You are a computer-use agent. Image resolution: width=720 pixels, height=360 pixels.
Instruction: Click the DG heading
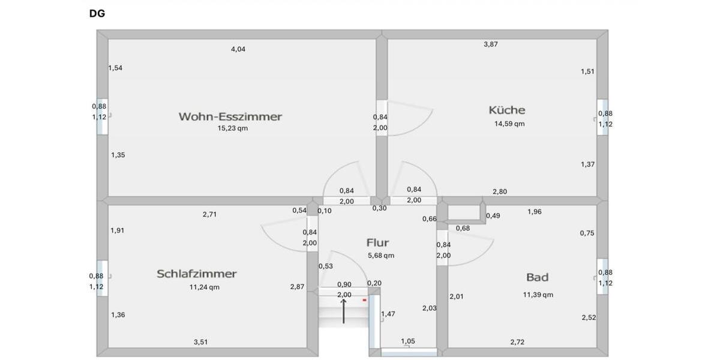(97, 13)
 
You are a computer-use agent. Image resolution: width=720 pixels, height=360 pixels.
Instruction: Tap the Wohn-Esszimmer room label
(230, 116)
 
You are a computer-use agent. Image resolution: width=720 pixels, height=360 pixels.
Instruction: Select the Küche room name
(507, 110)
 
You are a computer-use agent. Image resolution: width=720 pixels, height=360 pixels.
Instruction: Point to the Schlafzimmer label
(197, 274)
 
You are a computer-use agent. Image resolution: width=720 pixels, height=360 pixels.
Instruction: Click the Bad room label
(537, 277)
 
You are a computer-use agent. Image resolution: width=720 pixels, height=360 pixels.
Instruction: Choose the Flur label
(377, 242)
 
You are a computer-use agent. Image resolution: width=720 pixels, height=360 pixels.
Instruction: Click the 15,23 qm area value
(233, 128)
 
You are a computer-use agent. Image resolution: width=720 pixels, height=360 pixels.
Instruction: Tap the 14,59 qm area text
(509, 124)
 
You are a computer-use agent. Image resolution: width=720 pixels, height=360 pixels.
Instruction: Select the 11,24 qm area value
(205, 287)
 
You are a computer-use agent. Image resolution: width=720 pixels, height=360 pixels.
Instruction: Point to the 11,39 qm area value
(538, 295)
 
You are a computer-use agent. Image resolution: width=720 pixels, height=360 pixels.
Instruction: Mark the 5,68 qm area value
(381, 256)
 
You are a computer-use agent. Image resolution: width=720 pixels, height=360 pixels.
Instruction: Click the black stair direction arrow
(343, 311)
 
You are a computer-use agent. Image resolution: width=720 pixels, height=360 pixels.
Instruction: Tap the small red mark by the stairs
(365, 300)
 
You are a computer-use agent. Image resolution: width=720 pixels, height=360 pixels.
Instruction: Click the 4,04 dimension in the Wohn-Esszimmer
(238, 49)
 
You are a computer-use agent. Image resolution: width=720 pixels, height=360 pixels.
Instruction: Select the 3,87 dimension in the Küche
(491, 44)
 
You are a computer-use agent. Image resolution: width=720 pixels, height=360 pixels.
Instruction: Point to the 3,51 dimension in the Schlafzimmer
(200, 342)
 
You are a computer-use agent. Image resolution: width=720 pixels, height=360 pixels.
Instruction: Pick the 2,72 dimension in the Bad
(517, 342)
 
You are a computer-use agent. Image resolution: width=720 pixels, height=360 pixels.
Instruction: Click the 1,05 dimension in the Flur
(408, 341)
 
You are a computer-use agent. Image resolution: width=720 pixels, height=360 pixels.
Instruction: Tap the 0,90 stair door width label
(344, 284)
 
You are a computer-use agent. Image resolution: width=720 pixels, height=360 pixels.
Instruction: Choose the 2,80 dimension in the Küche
(500, 191)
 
